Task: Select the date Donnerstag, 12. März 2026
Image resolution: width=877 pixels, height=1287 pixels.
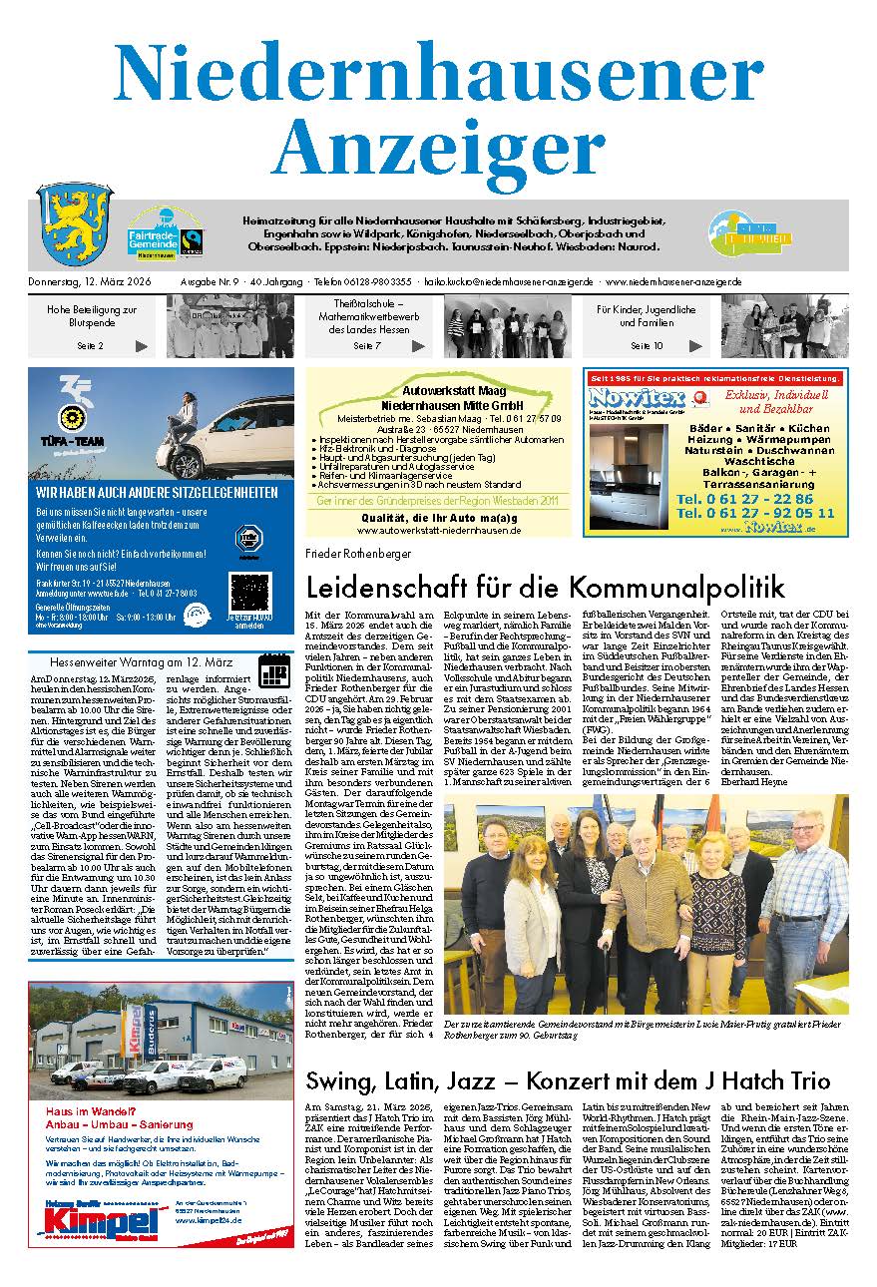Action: (97, 282)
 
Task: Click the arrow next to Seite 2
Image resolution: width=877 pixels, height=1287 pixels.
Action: (142, 346)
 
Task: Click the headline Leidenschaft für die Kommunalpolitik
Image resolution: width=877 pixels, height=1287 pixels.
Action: (546, 586)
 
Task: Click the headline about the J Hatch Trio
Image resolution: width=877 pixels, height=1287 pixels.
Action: (568, 1080)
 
